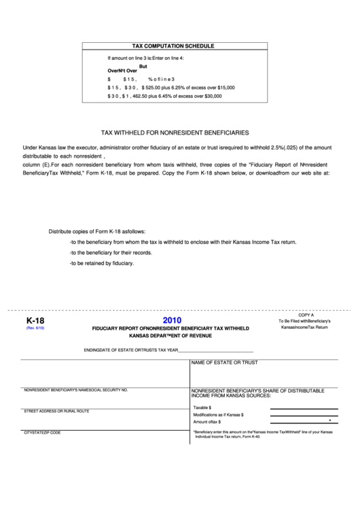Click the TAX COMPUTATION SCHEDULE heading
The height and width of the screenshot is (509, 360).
pos(173,46)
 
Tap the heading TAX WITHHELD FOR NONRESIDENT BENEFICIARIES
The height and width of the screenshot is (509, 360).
pos(175,133)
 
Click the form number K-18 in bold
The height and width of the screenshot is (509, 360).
pos(35,320)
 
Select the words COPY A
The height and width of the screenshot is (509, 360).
pos(306,315)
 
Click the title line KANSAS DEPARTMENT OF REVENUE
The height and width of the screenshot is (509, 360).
pos(170,336)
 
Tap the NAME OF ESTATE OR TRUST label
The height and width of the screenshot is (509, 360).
pos(224,363)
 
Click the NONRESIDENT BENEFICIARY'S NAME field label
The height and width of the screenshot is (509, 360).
pos(76,390)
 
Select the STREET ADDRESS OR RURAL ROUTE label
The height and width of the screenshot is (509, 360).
pos(56,411)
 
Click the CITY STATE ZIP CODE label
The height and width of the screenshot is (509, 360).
pos(42,432)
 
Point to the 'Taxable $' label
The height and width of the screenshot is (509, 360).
pos(202,407)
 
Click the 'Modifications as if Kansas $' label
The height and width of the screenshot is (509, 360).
pos(218,415)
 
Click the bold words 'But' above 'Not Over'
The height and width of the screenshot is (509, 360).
pos(143,66)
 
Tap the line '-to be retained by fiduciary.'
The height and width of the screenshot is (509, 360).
pos(102,263)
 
